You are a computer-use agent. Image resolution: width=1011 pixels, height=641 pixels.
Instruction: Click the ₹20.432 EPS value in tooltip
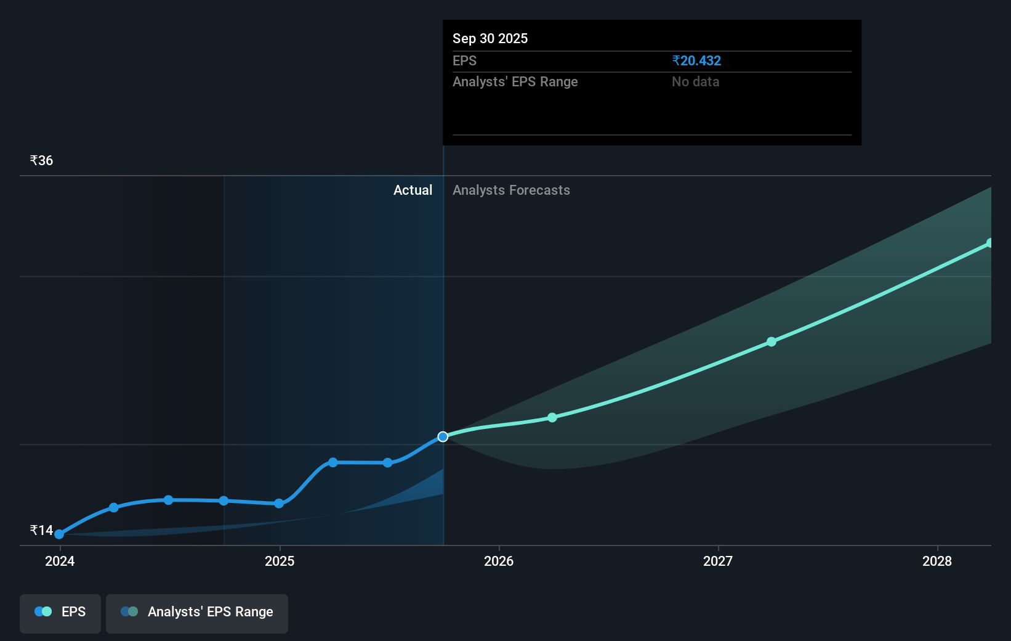pyautogui.click(x=696, y=60)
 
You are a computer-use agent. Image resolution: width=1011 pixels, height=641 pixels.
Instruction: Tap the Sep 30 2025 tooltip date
pyautogui.click(x=490, y=38)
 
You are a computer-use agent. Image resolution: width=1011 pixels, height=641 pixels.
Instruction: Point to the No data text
pyautogui.click(x=695, y=81)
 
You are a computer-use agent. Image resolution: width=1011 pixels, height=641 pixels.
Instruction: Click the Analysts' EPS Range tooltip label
pyautogui.click(x=515, y=81)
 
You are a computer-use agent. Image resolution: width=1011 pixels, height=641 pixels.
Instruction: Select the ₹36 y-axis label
pyautogui.click(x=41, y=160)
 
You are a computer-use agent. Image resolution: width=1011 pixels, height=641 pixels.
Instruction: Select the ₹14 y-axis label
pyautogui.click(x=41, y=530)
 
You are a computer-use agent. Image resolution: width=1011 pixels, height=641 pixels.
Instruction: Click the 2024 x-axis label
pyautogui.click(x=60, y=561)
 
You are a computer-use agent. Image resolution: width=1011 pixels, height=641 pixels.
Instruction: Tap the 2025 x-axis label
pyautogui.click(x=280, y=561)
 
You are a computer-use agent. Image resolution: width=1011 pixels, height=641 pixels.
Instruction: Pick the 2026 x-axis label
pyautogui.click(x=499, y=561)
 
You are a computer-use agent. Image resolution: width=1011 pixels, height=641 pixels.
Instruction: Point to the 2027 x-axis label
pyautogui.click(x=718, y=561)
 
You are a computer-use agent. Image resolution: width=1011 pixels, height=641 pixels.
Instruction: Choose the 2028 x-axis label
pyautogui.click(x=937, y=561)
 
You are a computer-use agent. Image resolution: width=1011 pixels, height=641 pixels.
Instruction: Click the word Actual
pyautogui.click(x=413, y=190)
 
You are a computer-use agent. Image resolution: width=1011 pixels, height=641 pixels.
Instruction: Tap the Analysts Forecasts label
pyautogui.click(x=511, y=190)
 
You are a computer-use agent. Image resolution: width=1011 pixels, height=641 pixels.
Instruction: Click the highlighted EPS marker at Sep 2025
pyautogui.click(x=443, y=436)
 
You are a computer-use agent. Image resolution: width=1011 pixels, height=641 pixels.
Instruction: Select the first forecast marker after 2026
pyautogui.click(x=552, y=417)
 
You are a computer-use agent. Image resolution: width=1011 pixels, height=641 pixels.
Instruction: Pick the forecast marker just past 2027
pyautogui.click(x=771, y=341)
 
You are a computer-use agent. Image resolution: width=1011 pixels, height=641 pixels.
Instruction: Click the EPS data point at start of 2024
pyautogui.click(x=59, y=534)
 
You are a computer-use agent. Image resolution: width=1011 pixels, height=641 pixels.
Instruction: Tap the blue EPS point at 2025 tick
pyautogui.click(x=279, y=504)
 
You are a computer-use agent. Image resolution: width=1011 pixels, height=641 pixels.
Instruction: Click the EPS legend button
pyautogui.click(x=60, y=613)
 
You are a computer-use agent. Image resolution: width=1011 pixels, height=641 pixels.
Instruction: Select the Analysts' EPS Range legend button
pyautogui.click(x=197, y=613)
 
